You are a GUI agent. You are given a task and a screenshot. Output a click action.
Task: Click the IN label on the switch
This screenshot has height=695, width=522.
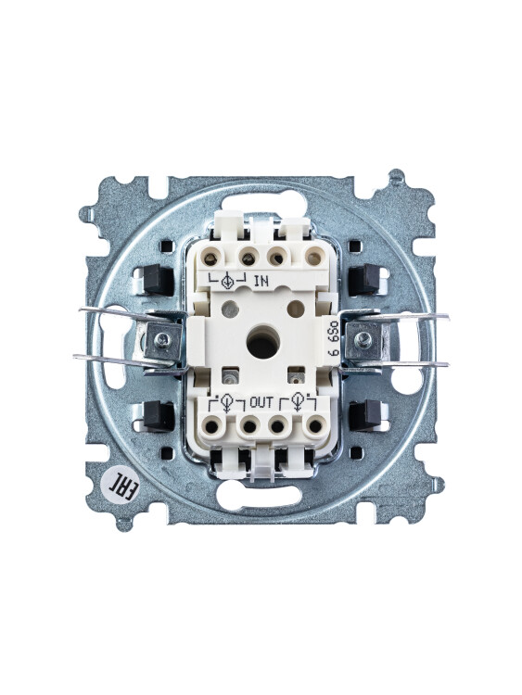[261, 281]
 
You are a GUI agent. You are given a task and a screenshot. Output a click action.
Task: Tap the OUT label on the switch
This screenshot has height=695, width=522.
[261, 402]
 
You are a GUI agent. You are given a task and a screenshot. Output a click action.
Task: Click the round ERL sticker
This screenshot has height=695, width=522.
[123, 487]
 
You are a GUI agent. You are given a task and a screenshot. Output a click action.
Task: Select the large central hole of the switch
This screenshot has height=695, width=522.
[263, 342]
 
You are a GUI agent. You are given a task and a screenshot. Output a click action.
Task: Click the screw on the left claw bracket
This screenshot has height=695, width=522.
[163, 340]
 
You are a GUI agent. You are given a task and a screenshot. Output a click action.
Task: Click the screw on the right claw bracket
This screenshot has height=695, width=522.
[363, 340]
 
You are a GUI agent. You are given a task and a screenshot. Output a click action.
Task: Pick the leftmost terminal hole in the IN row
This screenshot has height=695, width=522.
[210, 257]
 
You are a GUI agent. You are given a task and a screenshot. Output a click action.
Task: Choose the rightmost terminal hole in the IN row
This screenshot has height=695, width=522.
[314, 257]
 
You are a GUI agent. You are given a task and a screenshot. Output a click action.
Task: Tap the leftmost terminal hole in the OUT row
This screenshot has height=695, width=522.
[212, 426]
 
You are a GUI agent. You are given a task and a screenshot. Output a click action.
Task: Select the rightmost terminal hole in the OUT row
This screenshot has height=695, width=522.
[315, 426]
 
